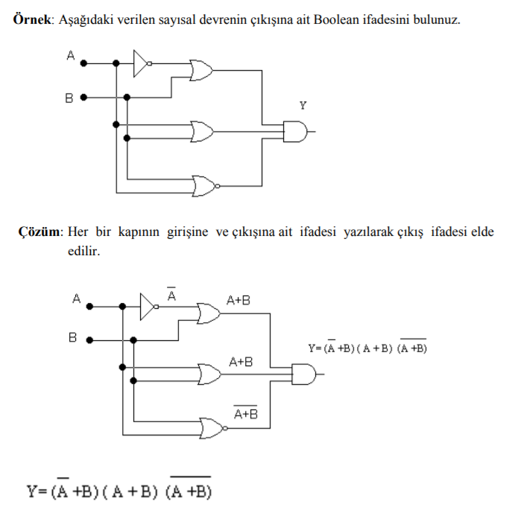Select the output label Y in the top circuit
(x=302, y=106)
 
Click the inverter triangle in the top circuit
(x=142, y=64)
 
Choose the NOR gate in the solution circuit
(x=211, y=426)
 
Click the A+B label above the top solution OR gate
(x=239, y=301)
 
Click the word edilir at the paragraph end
(x=83, y=252)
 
